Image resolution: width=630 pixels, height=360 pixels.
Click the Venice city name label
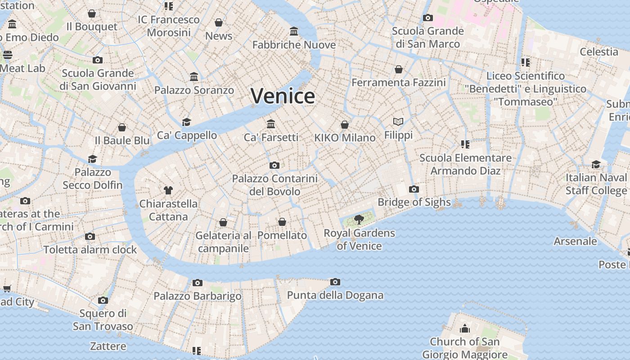(283, 96)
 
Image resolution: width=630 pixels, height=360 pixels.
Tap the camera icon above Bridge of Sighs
(414, 189)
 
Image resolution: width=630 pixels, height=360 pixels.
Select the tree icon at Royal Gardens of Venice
(359, 220)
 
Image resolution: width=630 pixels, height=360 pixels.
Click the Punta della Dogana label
(335, 295)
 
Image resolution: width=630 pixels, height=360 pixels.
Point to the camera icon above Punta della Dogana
(335, 282)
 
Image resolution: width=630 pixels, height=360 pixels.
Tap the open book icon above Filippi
(398, 121)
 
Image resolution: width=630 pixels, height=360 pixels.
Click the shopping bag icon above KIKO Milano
(345, 124)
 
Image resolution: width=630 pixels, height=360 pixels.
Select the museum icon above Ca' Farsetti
(271, 124)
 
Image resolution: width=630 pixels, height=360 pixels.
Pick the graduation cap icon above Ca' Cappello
(186, 122)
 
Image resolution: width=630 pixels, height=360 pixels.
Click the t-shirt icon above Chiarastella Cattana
(168, 190)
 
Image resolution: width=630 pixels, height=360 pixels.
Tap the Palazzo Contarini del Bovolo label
(274, 185)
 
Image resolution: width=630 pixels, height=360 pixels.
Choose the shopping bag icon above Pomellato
(282, 222)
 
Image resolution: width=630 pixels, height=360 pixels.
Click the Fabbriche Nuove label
(294, 45)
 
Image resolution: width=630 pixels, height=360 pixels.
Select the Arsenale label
(575, 241)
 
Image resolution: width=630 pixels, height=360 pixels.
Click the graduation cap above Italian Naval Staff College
(596, 164)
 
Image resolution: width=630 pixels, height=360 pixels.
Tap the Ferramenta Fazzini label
(398, 82)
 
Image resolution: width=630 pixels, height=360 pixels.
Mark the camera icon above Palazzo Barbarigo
(197, 283)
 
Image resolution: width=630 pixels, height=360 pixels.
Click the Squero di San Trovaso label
(103, 319)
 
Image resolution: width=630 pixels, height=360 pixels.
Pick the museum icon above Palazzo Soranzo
(194, 77)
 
